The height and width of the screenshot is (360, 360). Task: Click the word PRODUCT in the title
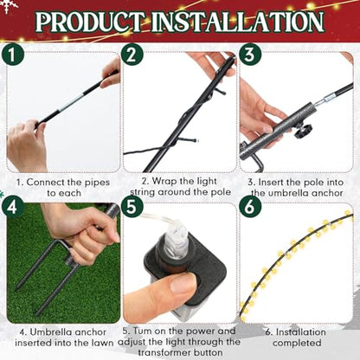point(89,22)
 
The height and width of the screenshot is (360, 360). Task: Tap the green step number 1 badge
point(12,55)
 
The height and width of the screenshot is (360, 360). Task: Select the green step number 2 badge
point(132,55)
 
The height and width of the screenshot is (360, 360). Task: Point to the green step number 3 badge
point(250,54)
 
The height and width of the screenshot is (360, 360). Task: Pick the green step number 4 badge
point(12,206)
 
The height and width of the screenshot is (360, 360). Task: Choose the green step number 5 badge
point(132,206)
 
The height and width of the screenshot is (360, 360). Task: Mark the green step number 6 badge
point(250,206)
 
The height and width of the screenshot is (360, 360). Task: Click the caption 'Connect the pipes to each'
point(63,188)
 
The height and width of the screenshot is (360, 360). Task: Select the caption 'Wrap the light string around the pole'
point(180,187)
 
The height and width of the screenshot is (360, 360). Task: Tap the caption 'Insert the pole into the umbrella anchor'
point(296,188)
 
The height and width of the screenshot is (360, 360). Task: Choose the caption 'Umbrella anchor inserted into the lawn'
point(63,337)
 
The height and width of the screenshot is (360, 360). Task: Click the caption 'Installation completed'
point(296,337)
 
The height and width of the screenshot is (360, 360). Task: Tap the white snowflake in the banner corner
point(10,6)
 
